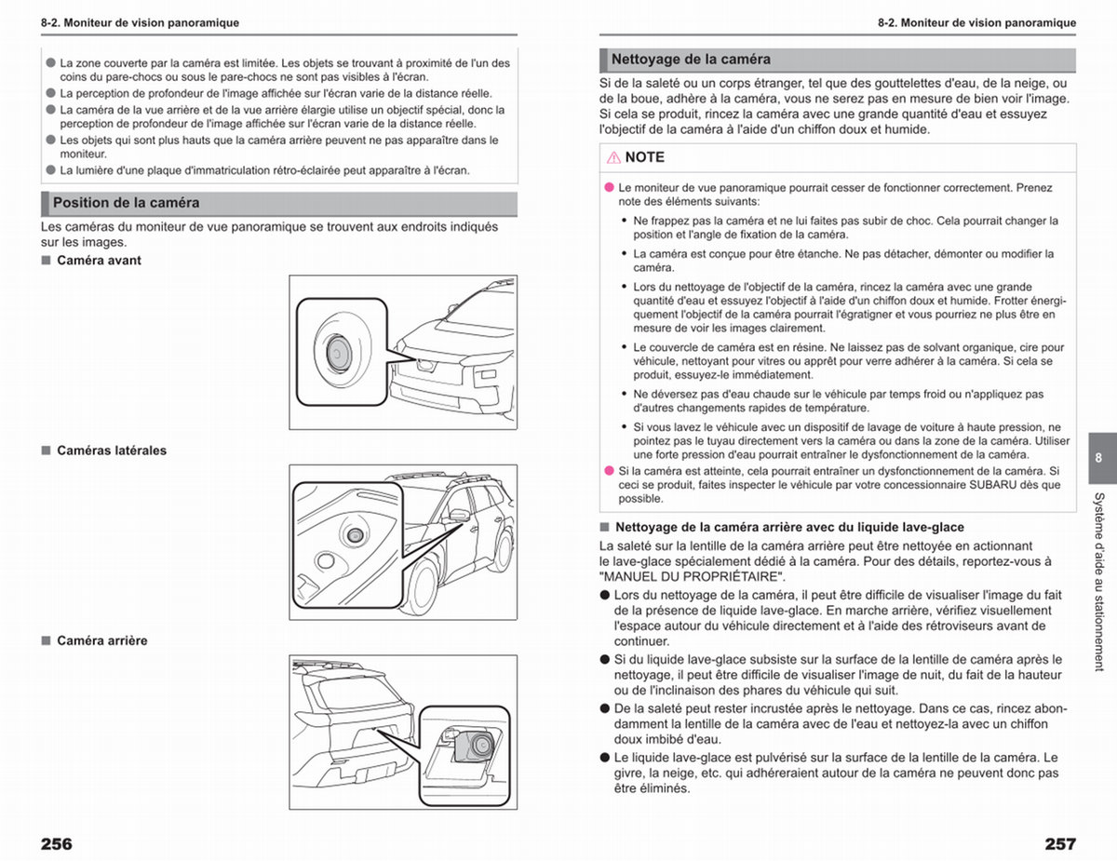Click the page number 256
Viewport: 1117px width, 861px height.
pos(57,844)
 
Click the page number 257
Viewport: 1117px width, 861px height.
pos(1060,844)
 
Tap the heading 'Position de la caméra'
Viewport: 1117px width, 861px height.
pos(126,203)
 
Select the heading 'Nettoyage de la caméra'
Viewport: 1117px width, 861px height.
pos(691,60)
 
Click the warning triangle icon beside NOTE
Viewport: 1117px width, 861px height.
pos(613,157)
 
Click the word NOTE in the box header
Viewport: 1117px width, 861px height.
pos(644,157)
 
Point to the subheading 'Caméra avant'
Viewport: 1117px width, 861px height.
pos(99,261)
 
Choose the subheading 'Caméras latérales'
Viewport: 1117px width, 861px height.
pos(112,451)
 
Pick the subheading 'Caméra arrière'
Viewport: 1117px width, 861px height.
pos(101,641)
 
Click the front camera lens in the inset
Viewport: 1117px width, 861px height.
pos(338,354)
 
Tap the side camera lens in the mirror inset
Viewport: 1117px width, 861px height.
pos(356,536)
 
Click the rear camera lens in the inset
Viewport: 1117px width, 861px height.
pos(482,745)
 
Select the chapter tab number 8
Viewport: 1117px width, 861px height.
pos(1098,458)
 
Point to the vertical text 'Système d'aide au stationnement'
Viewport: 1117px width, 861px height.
pos(1099,582)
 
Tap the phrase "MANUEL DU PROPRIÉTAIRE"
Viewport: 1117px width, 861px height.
pos(693,577)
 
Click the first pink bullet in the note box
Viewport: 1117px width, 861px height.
pos(609,188)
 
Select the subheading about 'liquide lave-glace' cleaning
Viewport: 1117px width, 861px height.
pos(789,528)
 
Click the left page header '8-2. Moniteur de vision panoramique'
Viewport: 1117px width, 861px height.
pos(140,22)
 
